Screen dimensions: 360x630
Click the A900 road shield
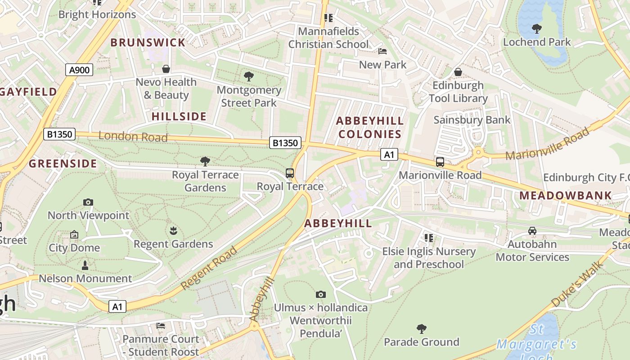[80, 70]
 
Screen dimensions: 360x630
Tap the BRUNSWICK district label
[148, 43]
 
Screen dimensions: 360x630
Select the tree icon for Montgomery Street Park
[248, 76]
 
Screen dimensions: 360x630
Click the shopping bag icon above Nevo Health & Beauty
[166, 69]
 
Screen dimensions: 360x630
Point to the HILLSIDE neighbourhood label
[179, 117]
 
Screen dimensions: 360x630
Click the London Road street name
[133, 136]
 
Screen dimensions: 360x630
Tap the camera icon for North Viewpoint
[88, 202]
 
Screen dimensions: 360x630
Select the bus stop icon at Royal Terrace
[290, 173]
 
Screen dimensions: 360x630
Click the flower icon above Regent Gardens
[173, 231]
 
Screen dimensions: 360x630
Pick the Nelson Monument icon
[85, 265]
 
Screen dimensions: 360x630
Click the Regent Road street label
[209, 268]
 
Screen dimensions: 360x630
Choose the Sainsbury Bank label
[472, 120]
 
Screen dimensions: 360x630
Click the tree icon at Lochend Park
[536, 29]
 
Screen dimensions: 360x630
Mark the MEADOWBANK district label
[566, 196]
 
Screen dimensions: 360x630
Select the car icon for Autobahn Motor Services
[532, 231]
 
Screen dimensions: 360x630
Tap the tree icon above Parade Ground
[422, 329]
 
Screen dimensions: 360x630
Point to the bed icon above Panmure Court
[161, 326]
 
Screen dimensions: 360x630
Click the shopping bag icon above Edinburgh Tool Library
[458, 72]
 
